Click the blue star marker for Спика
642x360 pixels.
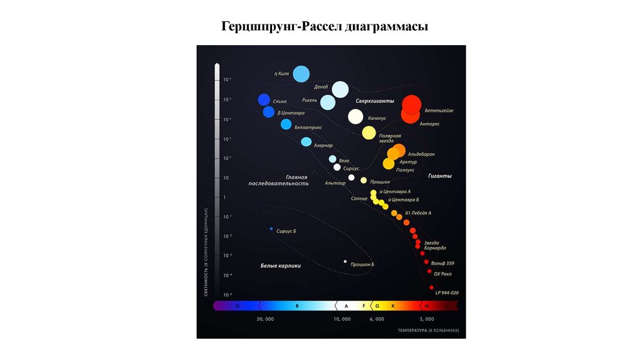click(x=264, y=100)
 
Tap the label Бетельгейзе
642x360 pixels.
click(x=439, y=110)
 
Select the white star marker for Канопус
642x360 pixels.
click(x=355, y=116)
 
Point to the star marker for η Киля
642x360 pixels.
click(x=301, y=74)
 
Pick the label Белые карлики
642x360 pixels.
click(x=281, y=266)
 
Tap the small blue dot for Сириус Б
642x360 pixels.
click(x=271, y=229)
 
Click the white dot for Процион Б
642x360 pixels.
click(x=345, y=262)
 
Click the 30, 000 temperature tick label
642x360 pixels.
click(x=265, y=319)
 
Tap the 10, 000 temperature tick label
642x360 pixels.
click(x=342, y=319)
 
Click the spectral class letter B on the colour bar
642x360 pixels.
click(x=297, y=306)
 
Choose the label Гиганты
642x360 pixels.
click(x=440, y=176)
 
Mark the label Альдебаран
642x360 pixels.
click(x=421, y=154)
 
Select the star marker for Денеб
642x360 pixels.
click(x=340, y=90)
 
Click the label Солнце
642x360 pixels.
click(x=359, y=199)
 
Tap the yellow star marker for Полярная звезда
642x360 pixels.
click(x=369, y=132)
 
